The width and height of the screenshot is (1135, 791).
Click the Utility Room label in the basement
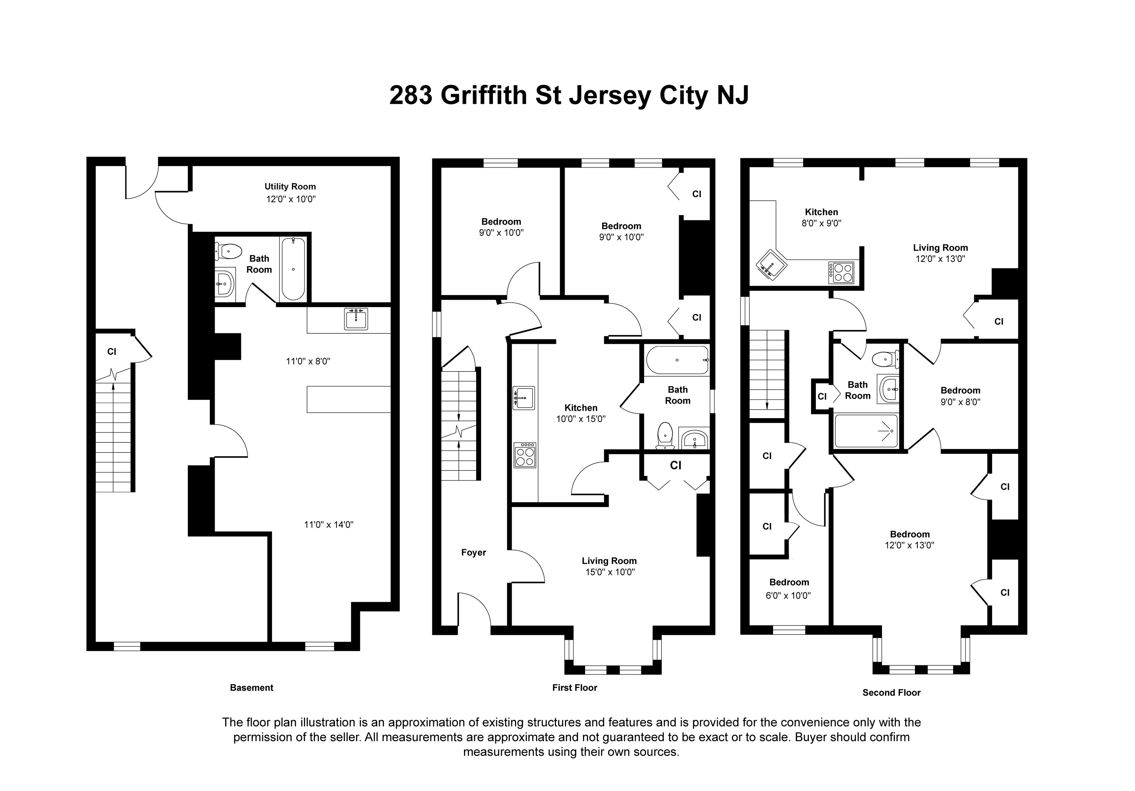290,187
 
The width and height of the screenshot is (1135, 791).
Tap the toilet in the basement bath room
228,251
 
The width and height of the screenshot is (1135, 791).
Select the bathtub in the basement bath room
293,269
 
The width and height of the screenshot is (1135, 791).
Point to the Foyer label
474,553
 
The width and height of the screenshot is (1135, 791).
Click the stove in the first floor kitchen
525,455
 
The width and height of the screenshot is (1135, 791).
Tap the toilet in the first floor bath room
665,435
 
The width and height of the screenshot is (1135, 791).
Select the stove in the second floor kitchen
841,272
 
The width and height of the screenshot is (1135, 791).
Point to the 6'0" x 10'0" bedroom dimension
788,595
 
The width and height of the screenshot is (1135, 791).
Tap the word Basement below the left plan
252,688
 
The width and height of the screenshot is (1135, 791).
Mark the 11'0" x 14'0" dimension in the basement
329,524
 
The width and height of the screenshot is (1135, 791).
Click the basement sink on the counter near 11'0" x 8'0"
356,319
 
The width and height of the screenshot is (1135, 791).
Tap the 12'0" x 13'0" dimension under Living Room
940,258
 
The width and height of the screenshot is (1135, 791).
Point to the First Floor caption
575,688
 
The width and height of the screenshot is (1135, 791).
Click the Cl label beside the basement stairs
112,352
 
